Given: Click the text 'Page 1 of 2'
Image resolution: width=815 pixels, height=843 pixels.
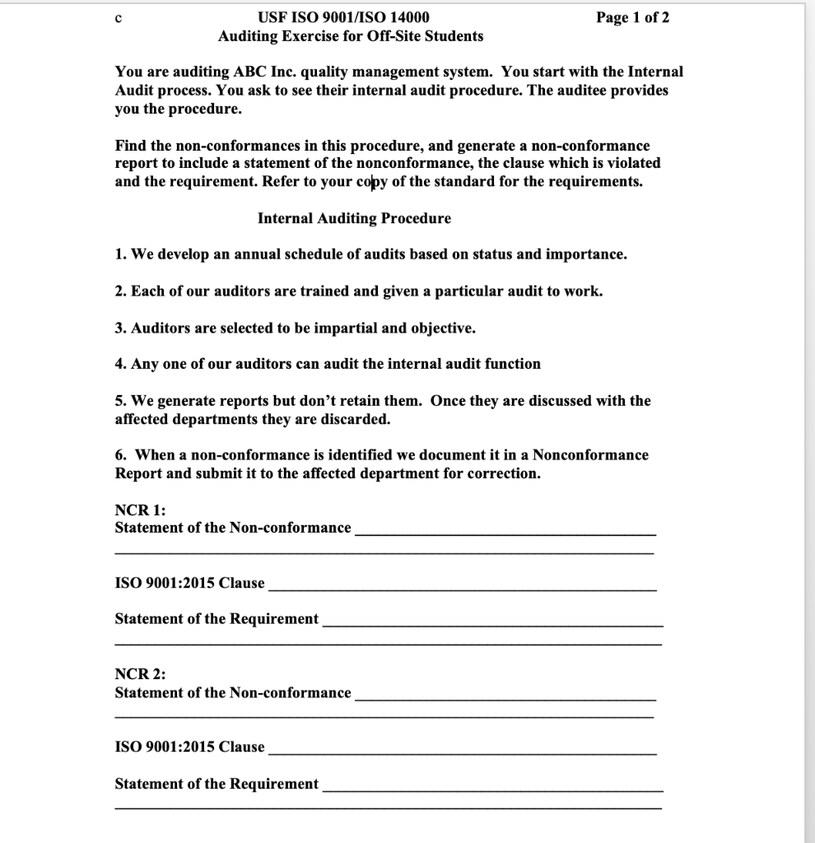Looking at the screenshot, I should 633,17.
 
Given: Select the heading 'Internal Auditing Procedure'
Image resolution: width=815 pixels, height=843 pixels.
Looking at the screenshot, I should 354,218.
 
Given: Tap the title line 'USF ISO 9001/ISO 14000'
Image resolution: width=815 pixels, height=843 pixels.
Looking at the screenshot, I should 343,17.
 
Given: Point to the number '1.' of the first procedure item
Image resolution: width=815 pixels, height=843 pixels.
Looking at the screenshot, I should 121,254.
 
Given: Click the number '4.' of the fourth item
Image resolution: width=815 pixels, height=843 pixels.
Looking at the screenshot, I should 121,364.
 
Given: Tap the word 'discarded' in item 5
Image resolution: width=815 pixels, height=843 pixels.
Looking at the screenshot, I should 356,419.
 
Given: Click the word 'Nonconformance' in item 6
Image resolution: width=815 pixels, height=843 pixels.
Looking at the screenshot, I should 590,455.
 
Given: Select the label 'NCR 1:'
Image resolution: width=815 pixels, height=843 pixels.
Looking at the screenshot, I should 135,510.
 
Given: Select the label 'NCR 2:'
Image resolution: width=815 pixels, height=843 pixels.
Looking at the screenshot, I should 135,674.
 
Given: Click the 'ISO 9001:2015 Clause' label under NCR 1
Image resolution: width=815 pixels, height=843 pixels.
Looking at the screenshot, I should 189,583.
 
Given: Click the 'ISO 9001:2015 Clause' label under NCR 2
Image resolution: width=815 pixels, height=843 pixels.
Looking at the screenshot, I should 189,747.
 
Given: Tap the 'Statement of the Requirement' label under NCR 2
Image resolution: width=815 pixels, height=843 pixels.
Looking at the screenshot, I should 217,784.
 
